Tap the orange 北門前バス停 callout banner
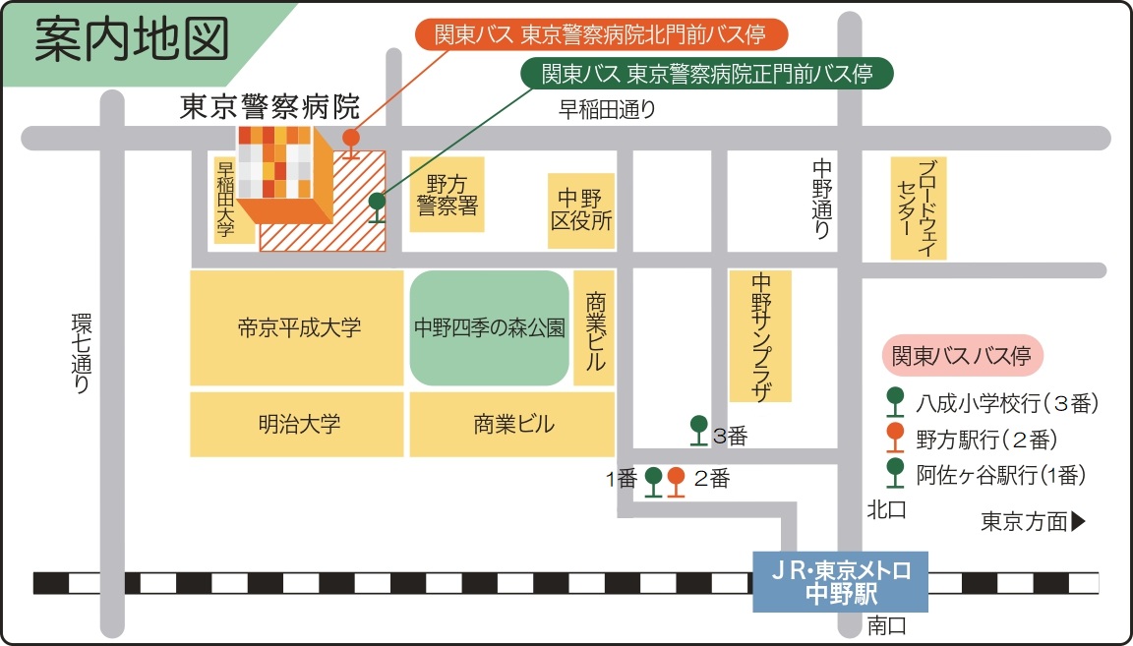coord(601,35)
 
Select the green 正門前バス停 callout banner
coord(707,74)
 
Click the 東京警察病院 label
coord(269,106)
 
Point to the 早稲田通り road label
coord(607,110)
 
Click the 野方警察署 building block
coord(447,194)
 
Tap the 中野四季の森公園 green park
coord(490,327)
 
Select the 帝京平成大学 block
coord(298,327)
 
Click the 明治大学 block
coord(298,425)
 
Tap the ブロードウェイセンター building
coord(919,207)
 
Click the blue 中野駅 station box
coord(840,582)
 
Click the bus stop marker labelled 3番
coord(698,429)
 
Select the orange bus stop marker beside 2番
coord(676,481)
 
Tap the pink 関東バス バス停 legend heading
coord(961,356)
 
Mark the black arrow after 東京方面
coord(1078,522)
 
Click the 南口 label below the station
coord(886,625)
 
